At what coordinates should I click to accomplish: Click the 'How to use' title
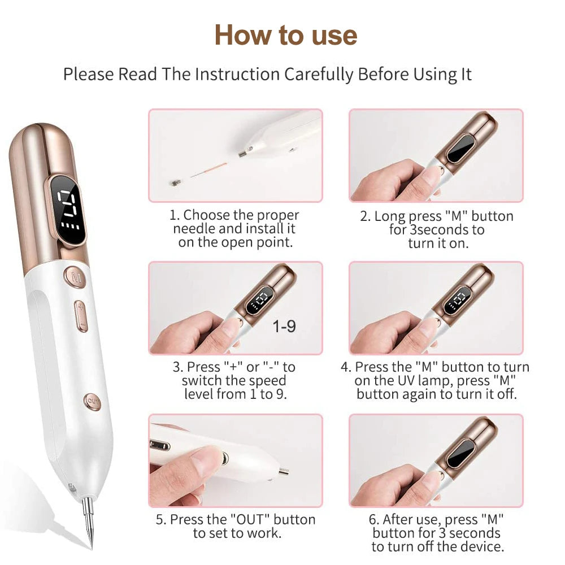[x=286, y=35]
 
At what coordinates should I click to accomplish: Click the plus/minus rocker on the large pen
[x=81, y=316]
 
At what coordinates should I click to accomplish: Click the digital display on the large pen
[x=68, y=210]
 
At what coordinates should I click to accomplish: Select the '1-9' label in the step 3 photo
[x=284, y=327]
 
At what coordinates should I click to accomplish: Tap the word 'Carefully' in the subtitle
[x=319, y=75]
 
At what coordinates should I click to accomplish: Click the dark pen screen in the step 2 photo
[x=460, y=148]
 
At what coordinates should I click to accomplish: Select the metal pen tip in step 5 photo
[x=283, y=471]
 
